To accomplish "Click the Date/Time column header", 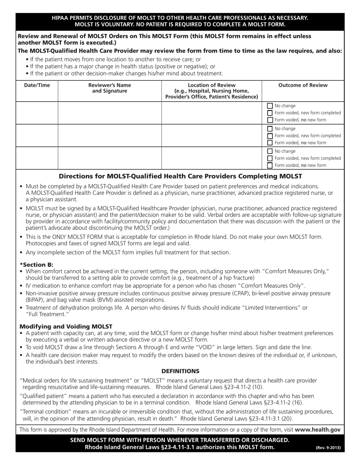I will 37,85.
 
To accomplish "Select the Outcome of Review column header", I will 303,85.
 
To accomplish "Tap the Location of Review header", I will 211,91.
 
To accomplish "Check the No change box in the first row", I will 270,106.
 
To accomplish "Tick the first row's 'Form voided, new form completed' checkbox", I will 270,113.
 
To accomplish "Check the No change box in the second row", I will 270,129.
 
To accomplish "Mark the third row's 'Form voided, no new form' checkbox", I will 270,166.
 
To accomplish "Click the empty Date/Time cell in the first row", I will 37,113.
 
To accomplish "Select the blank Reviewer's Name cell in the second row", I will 110,135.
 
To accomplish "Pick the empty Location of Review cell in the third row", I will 211,158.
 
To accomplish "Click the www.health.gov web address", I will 318,430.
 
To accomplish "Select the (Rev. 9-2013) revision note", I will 328,448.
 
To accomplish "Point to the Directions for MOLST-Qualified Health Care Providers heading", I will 180,176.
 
